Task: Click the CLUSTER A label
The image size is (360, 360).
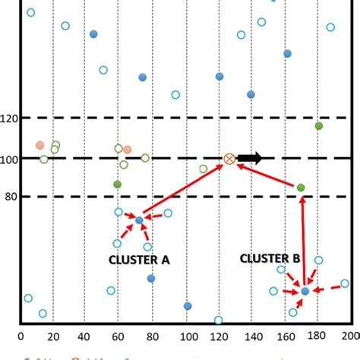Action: [x=138, y=260]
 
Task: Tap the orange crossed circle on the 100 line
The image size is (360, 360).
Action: [x=229, y=159]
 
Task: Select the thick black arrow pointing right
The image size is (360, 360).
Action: [x=250, y=158]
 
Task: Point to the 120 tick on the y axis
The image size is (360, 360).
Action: [x=9, y=118]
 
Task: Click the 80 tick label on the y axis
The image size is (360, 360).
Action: [x=11, y=197]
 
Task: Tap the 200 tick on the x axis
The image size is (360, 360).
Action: [x=351, y=334]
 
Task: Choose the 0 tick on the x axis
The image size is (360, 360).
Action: [x=21, y=334]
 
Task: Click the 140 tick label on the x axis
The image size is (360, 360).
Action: [x=251, y=334]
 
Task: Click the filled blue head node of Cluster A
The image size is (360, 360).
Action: [x=139, y=220]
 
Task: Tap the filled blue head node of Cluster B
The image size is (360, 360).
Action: [x=305, y=291]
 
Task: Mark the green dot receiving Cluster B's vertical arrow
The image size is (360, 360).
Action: [x=301, y=188]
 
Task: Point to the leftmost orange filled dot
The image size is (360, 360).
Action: [x=39, y=145]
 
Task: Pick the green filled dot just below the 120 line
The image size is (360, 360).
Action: [x=319, y=125]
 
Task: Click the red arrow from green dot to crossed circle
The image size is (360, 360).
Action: [x=266, y=174]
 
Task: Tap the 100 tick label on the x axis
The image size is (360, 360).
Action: [x=185, y=334]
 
